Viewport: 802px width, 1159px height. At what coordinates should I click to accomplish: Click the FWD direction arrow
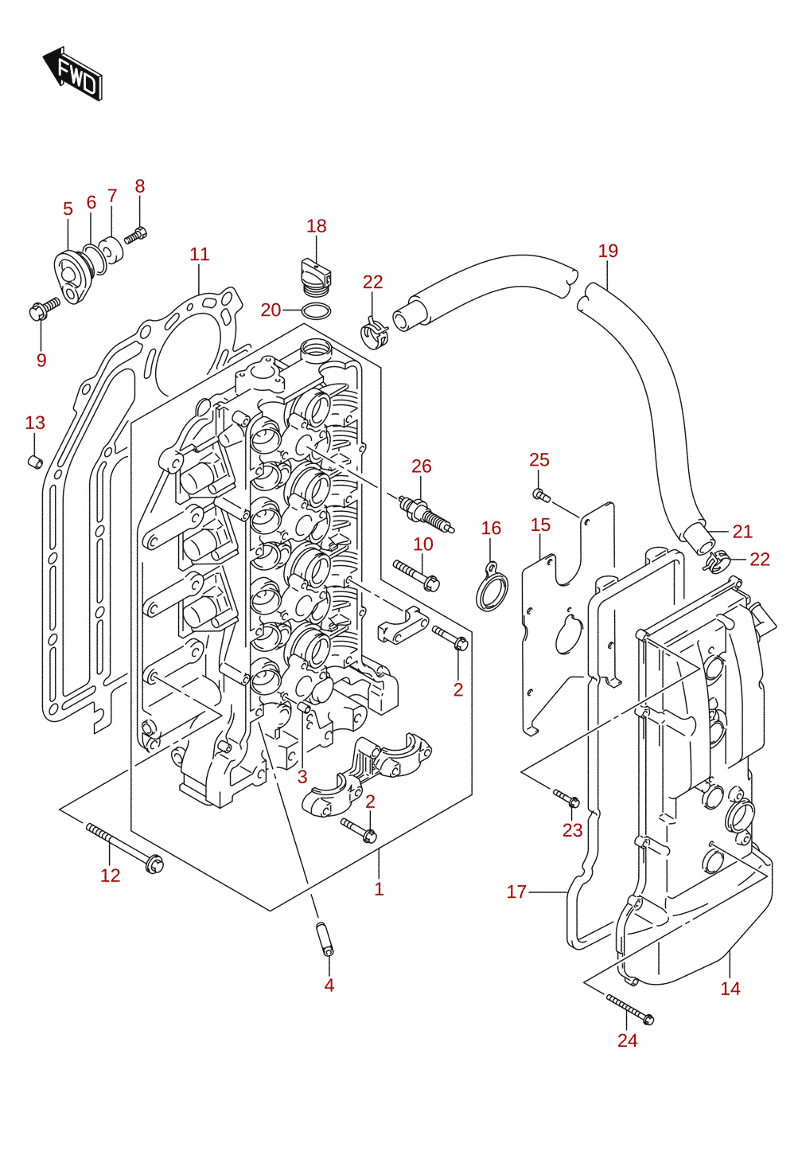tap(72, 73)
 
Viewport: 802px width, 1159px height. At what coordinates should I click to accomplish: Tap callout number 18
tap(317, 226)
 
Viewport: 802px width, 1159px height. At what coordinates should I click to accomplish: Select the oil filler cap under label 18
tap(315, 277)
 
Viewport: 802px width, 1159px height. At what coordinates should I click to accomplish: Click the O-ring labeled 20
tap(316, 311)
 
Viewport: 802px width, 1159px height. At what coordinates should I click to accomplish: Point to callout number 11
tap(200, 255)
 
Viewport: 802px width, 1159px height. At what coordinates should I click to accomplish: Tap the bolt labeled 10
tap(416, 575)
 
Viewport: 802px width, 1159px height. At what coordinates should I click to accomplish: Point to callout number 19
tap(608, 251)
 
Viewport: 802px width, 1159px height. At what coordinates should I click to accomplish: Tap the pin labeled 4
tap(324, 939)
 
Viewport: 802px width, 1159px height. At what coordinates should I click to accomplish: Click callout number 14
tap(730, 989)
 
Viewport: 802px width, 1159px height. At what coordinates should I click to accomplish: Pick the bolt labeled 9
tap(44, 308)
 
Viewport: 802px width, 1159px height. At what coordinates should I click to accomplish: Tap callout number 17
tap(516, 892)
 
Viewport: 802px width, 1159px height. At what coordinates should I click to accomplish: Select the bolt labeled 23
tap(566, 798)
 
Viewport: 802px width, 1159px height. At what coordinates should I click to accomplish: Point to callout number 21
tap(742, 532)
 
